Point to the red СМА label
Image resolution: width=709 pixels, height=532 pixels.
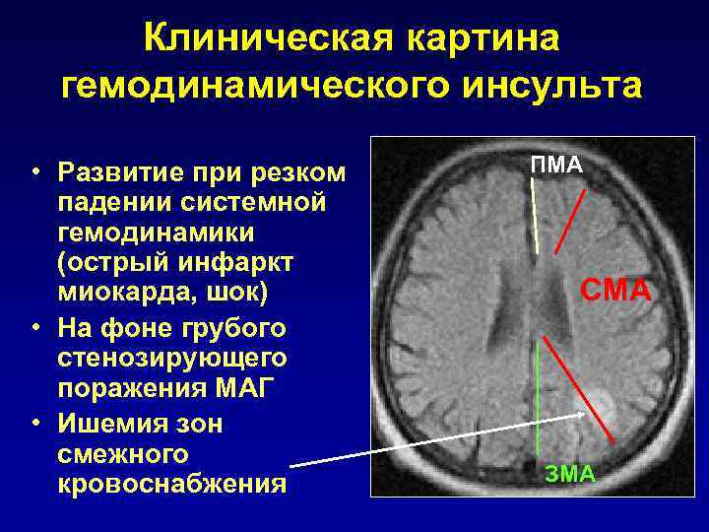pyautogui.click(x=615, y=291)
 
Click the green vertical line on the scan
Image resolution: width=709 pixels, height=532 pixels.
pyautogui.click(x=539, y=394)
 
